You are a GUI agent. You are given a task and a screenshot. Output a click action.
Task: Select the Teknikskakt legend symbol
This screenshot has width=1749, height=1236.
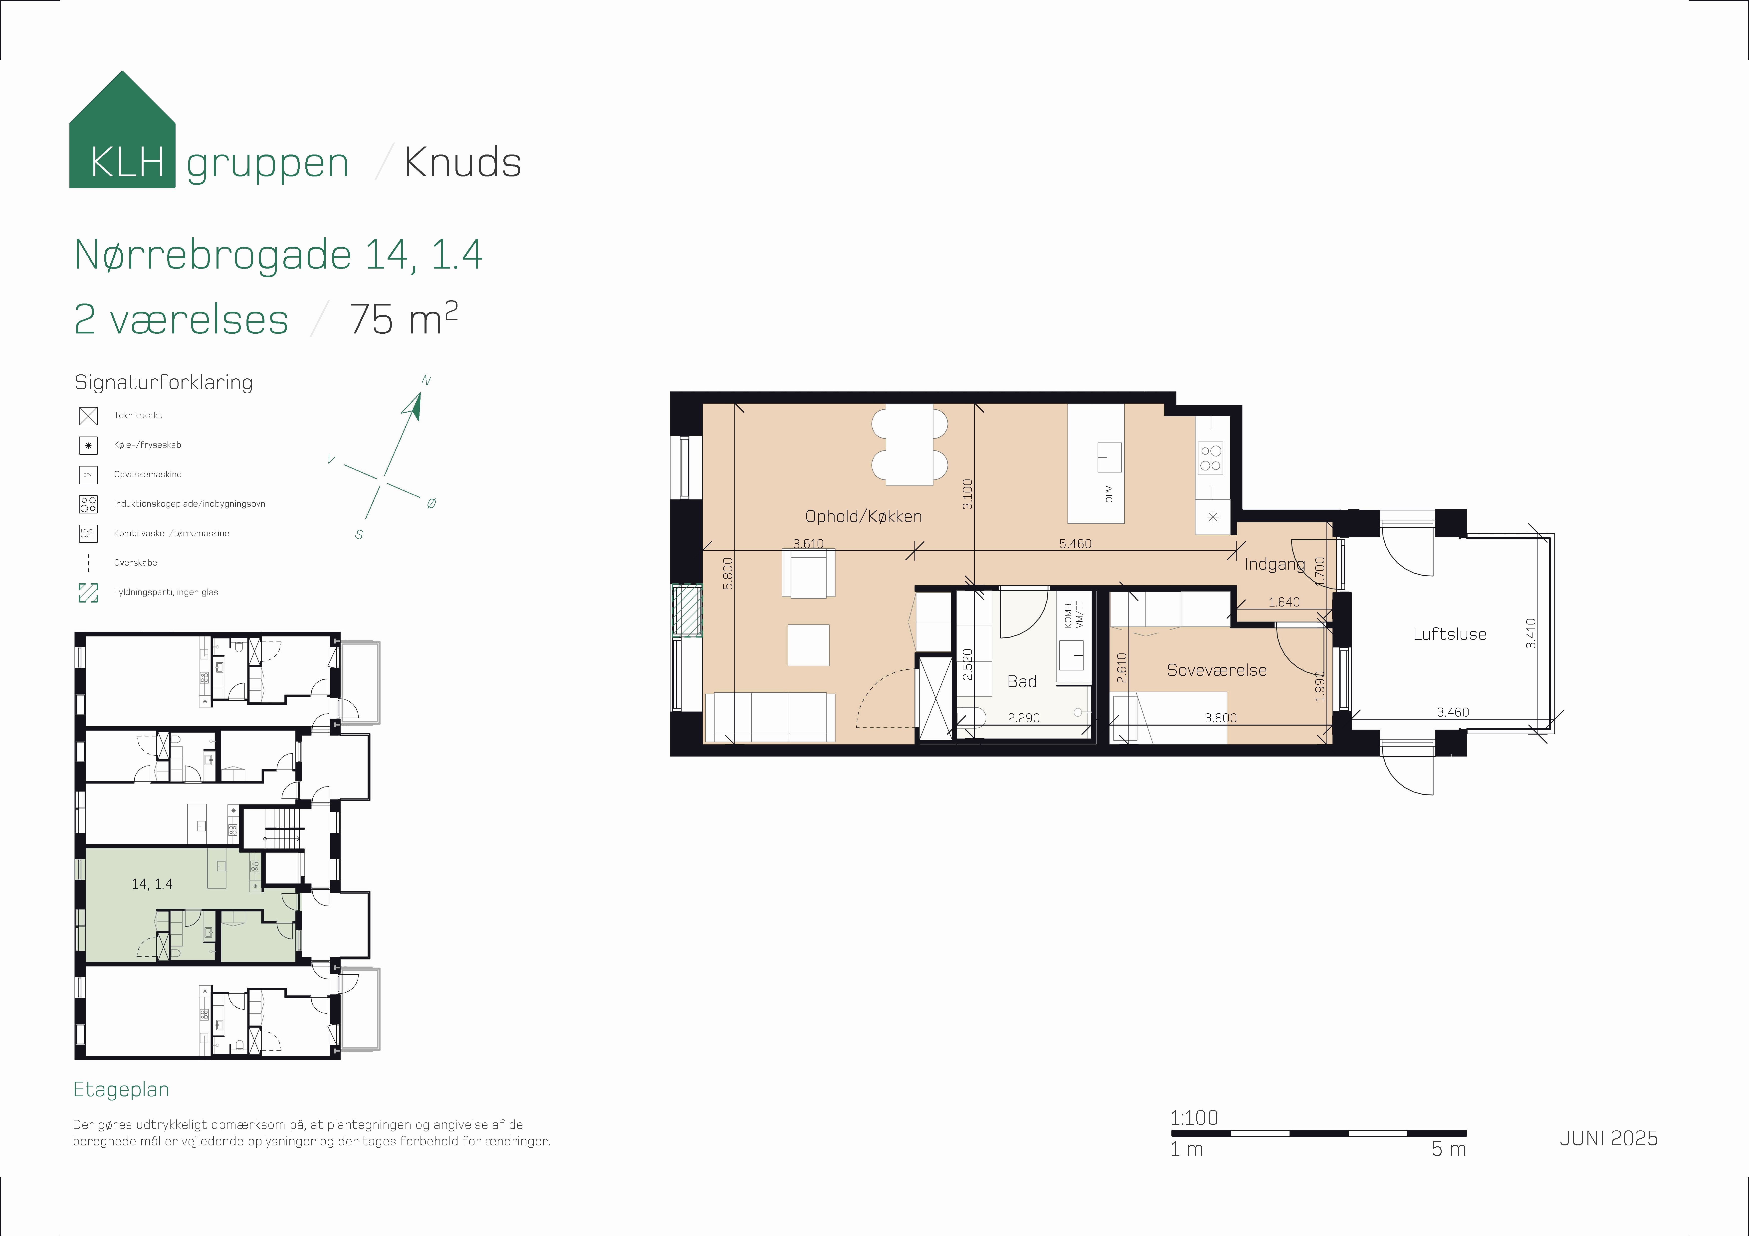click(x=88, y=416)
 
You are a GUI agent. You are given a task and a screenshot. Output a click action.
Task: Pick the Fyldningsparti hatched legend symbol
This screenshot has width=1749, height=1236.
click(x=88, y=593)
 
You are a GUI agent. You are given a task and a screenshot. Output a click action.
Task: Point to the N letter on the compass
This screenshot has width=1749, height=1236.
click(x=426, y=381)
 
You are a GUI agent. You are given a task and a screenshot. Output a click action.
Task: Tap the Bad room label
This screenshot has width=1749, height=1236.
click(x=1022, y=682)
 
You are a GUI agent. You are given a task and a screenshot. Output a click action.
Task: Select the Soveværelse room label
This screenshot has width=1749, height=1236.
click(x=1217, y=670)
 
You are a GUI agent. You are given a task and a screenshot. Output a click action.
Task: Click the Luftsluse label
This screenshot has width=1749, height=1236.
click(x=1449, y=634)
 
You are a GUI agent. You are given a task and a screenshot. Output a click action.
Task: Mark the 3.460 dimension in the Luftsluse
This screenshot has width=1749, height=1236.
click(x=1453, y=712)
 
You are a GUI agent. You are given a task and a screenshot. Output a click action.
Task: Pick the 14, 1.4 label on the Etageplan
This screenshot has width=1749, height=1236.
click(x=152, y=884)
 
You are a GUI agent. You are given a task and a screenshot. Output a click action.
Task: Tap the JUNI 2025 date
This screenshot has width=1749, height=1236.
click(x=1608, y=1138)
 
